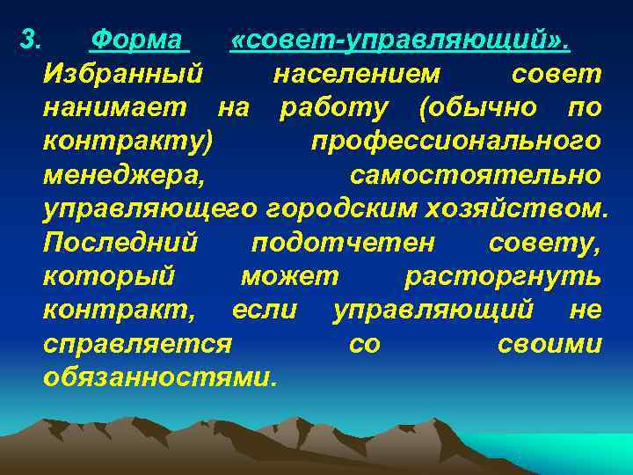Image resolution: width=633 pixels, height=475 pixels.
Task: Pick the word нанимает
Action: [x=114, y=107]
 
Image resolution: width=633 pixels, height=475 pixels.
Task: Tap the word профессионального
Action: [x=456, y=142]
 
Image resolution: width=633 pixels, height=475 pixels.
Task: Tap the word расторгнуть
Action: [x=503, y=277]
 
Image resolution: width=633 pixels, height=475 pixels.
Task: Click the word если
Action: [x=265, y=311]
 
